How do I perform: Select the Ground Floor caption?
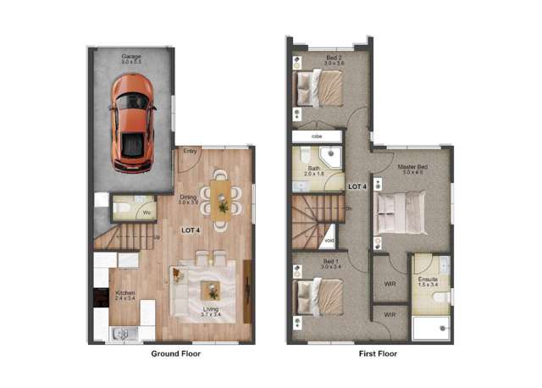(x=175, y=354)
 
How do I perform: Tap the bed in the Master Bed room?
(x=401, y=211)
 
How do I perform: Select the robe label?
(x=317, y=136)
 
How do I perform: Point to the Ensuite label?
(x=428, y=280)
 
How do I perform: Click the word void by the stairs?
(x=329, y=240)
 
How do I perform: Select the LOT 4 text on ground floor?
(x=191, y=231)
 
